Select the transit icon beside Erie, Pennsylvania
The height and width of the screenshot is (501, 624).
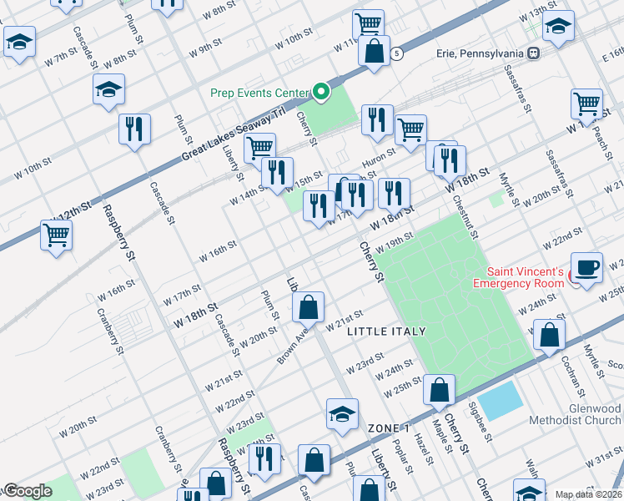pyautogui.click(x=533, y=53)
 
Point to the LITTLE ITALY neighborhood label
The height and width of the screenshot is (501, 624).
pyautogui.click(x=385, y=331)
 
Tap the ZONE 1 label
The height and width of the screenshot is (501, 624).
pyautogui.click(x=389, y=428)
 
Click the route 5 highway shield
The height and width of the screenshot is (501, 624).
pyautogui.click(x=397, y=53)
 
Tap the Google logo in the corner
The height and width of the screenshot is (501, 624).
pyautogui.click(x=27, y=491)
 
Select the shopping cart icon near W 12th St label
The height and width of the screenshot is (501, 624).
pyautogui.click(x=56, y=235)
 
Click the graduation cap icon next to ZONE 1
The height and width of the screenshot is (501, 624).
pyautogui.click(x=342, y=414)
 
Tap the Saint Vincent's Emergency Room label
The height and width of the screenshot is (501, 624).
pyautogui.click(x=525, y=277)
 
